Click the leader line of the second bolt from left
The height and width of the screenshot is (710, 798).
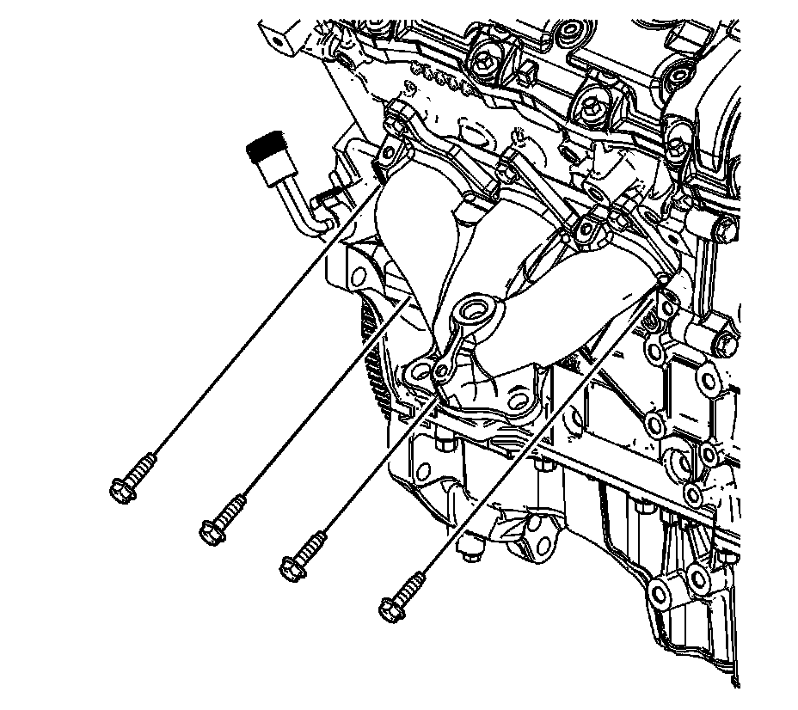pyautogui.click(x=318, y=404)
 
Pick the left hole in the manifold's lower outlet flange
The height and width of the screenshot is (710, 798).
pyautogui.click(x=420, y=371)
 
